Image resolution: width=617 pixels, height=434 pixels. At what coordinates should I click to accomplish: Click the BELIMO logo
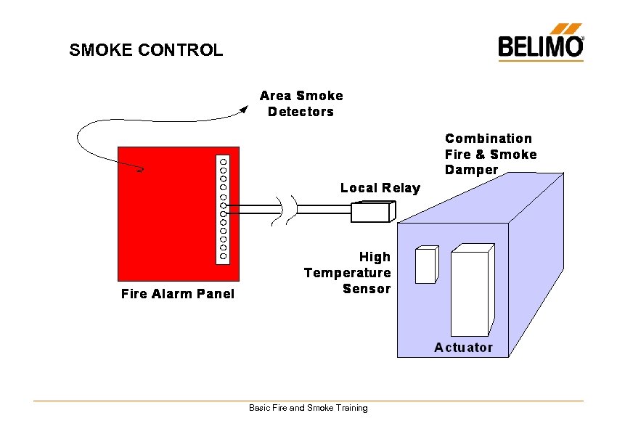[540, 45]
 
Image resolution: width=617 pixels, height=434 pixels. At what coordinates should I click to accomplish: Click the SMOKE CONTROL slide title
[146, 50]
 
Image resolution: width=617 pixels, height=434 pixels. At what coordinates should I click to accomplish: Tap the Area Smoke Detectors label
[301, 103]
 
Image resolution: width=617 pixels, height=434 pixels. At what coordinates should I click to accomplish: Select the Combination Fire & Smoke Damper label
[491, 154]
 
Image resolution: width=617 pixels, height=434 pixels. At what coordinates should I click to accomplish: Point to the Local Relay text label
[380, 188]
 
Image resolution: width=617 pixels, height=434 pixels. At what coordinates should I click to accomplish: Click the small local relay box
[372, 211]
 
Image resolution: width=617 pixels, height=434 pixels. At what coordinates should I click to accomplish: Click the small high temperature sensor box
[425, 265]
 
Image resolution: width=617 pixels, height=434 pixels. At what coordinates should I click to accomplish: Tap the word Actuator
[463, 348]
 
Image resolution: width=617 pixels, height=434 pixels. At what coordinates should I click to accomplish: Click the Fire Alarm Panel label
[178, 294]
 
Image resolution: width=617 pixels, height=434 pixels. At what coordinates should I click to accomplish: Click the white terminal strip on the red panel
[224, 208]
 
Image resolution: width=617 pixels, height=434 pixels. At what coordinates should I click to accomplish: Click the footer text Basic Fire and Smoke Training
[308, 408]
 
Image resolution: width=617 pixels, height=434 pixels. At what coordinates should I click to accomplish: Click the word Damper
[471, 170]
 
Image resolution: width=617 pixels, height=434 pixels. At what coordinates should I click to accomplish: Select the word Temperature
[348, 273]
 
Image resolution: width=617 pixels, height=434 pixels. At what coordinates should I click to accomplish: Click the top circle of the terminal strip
[224, 160]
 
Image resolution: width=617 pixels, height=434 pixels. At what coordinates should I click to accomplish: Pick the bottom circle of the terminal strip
[224, 256]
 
